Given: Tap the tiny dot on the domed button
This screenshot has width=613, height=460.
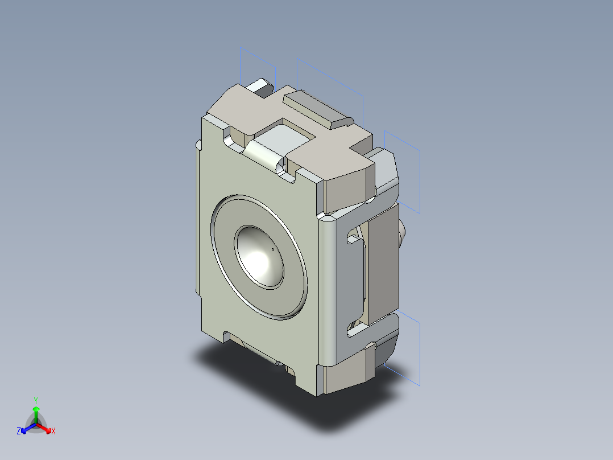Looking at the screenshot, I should (273, 249).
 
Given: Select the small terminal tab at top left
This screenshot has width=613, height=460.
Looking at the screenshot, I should (262, 87).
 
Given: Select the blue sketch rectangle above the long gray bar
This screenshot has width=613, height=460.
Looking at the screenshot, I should (330, 85).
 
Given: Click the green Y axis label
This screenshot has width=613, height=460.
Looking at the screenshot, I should (35, 400).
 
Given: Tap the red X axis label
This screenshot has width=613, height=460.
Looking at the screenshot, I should (53, 432).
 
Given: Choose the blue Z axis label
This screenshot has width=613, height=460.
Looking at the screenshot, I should (19, 432).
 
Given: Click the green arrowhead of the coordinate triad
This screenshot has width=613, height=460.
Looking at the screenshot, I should (36, 409).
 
